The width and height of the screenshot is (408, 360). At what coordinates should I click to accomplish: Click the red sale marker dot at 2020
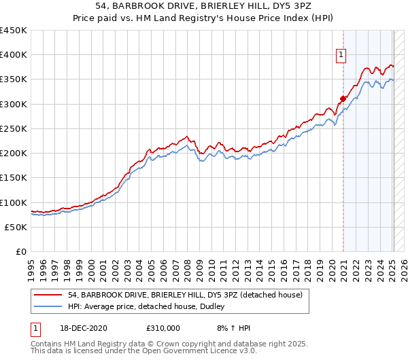[343, 98]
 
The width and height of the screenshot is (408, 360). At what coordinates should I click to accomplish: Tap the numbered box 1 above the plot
[341, 56]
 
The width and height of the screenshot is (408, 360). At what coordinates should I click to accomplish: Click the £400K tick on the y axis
[14, 55]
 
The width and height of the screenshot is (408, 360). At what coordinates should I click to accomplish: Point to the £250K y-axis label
[14, 128]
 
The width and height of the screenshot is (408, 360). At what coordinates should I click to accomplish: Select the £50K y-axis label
[17, 227]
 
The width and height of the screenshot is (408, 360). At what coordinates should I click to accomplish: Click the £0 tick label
[22, 251]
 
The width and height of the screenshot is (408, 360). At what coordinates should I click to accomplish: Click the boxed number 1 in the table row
[35, 328]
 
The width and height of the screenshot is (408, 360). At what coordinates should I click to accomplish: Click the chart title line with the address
[203, 6]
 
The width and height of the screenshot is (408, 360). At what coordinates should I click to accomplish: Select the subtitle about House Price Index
[203, 18]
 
